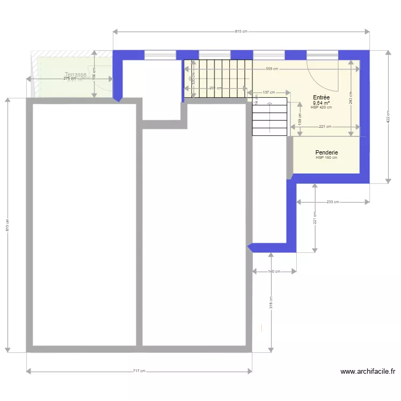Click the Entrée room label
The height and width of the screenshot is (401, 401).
pos(321,97)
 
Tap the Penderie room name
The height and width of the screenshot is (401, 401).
pos(326,152)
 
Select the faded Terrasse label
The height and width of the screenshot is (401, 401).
pos(75,74)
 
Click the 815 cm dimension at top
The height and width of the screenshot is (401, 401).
pos(241,31)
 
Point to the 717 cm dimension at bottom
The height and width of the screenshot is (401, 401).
pos(139,371)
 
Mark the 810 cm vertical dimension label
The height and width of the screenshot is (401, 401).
pos(7,226)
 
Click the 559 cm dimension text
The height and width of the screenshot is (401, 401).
pos(273,69)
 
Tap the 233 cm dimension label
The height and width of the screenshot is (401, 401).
pos(333,202)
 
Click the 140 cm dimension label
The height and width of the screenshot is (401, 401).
pos(273,272)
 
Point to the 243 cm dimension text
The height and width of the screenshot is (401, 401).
pos(350,97)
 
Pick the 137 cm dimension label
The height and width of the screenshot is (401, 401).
pos(268,92)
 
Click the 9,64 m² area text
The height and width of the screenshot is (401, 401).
pos(321,103)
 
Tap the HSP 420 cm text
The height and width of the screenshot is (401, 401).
pos(321,107)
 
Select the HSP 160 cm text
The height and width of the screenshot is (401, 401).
pos(326,158)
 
